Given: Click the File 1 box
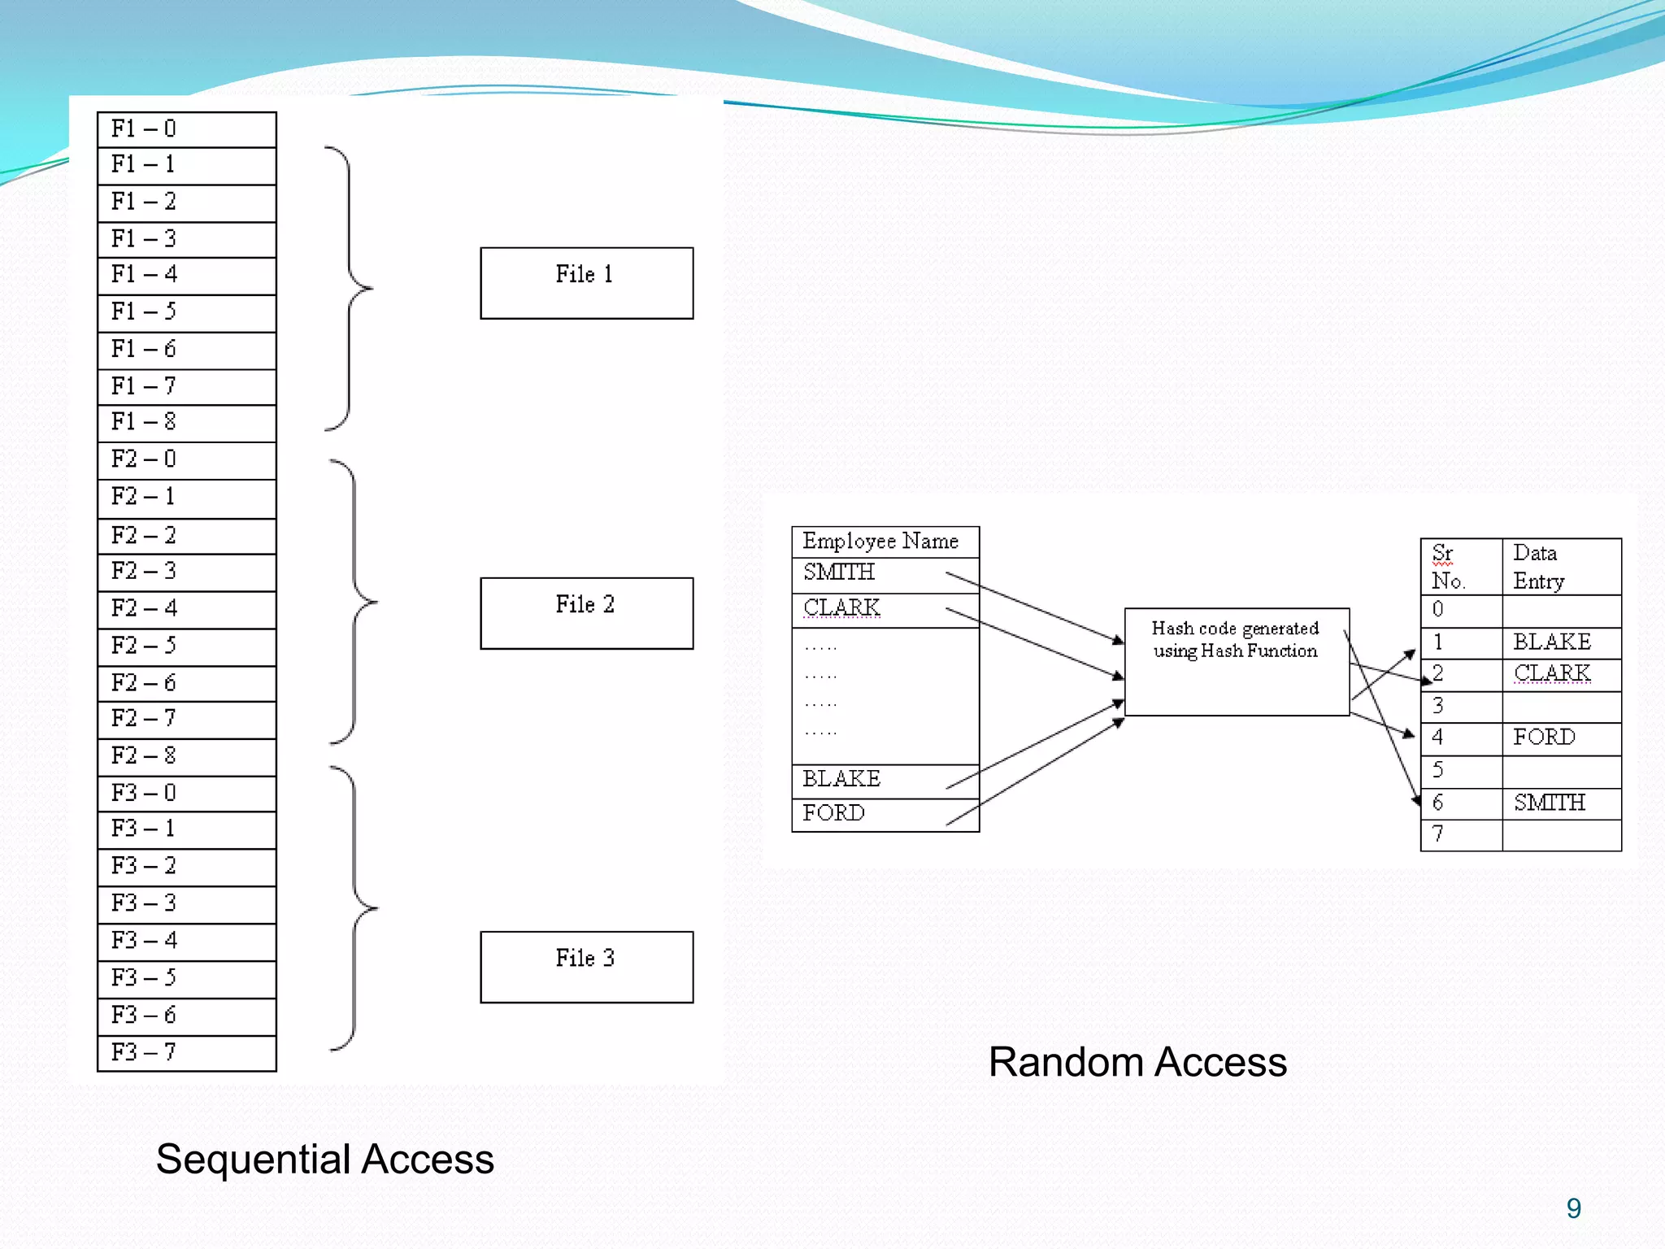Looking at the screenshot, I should [586, 283].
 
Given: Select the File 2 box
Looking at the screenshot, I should [586, 613].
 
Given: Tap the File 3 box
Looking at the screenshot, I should [586, 967].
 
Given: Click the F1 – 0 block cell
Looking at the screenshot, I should [186, 129].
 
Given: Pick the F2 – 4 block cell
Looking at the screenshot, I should [186, 609].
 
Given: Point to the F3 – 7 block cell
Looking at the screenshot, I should [186, 1053].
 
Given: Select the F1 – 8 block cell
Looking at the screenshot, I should [186, 423].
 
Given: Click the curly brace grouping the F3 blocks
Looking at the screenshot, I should [355, 908].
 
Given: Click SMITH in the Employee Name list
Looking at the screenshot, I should [839, 572].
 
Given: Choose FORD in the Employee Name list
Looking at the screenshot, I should [834, 813].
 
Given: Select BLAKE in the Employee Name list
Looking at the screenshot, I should [841, 779].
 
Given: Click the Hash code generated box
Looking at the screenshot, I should [1236, 661].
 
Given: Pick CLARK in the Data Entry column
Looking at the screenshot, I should [1551, 674].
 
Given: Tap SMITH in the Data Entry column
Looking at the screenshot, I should [1549, 803].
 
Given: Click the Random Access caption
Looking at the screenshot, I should [1137, 1062].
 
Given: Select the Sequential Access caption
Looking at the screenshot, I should [325, 1160].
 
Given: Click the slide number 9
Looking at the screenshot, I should [1573, 1209].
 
